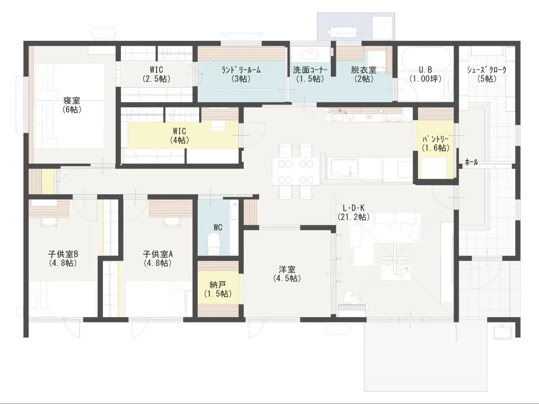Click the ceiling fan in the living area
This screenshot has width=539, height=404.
tap(395, 258)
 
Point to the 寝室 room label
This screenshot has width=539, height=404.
tap(72, 100)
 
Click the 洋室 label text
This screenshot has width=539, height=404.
tap(287, 269)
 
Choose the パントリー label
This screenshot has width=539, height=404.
tap(435, 139)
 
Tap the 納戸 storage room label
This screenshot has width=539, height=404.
tap(218, 285)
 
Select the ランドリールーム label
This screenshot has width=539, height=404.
tap(241, 70)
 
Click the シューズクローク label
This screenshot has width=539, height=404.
tap(487, 70)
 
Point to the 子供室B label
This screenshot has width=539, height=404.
tap(63, 254)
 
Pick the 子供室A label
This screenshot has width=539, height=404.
tap(158, 254)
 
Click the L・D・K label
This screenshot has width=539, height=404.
tap(353, 208)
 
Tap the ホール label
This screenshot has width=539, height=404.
tap(471, 162)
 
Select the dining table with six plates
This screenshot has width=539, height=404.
tap(295, 171)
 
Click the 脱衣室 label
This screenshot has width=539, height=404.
tap(364, 70)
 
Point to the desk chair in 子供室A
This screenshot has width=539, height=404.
tap(171, 222)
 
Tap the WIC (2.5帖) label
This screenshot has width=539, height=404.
tap(156, 70)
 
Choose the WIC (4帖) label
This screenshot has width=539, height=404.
tap(179, 131)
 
